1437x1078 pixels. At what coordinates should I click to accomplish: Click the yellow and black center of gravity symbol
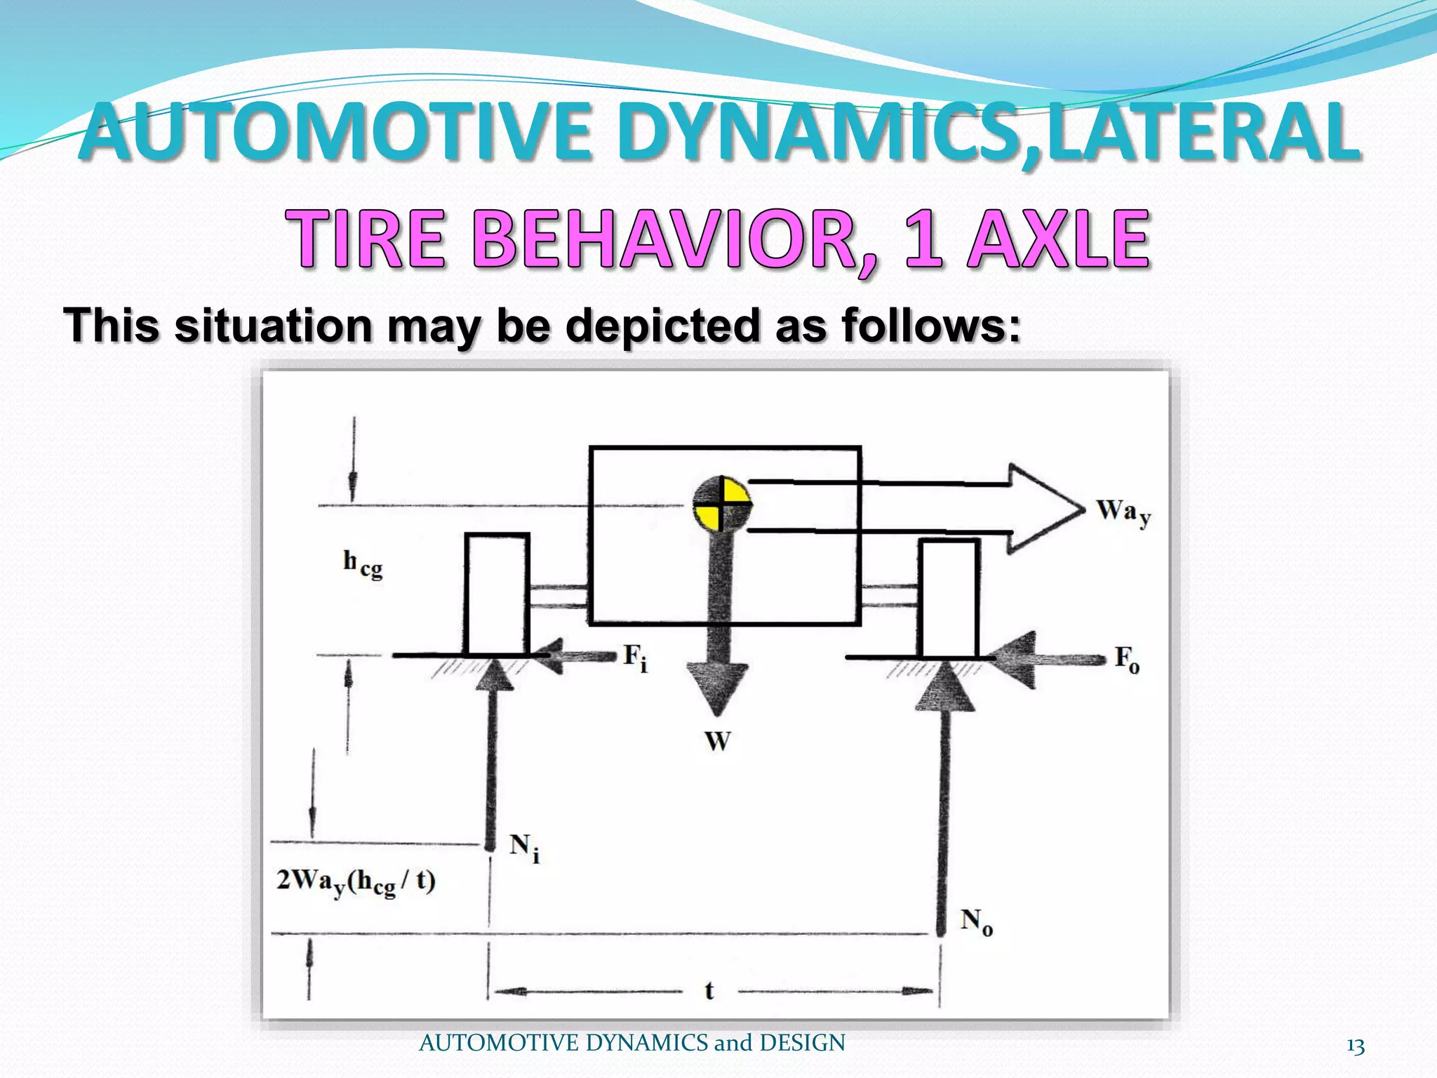[721, 504]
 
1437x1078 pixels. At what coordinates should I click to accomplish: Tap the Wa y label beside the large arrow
[1123, 512]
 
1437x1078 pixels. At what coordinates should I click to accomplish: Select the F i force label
[636, 658]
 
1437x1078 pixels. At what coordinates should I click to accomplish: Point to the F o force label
[1127, 660]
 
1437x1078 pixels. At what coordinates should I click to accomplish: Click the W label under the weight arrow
[718, 741]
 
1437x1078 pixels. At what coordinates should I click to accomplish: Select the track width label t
[709, 990]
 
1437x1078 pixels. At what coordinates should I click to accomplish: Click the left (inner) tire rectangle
[497, 594]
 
